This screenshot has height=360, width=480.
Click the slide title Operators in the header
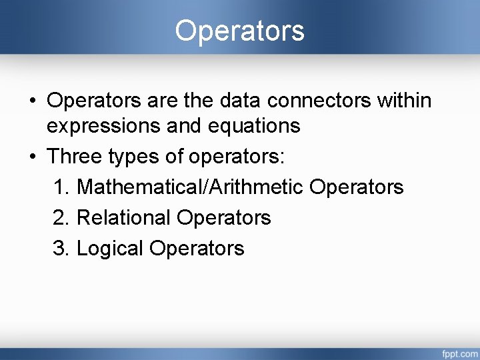pos(239,31)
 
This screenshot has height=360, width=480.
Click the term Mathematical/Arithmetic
pos(190,187)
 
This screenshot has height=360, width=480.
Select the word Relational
pos(124,217)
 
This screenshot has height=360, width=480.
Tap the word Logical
pos(110,249)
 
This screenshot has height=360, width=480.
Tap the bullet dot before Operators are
pos(32,101)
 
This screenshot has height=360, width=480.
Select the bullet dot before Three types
pos(32,157)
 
